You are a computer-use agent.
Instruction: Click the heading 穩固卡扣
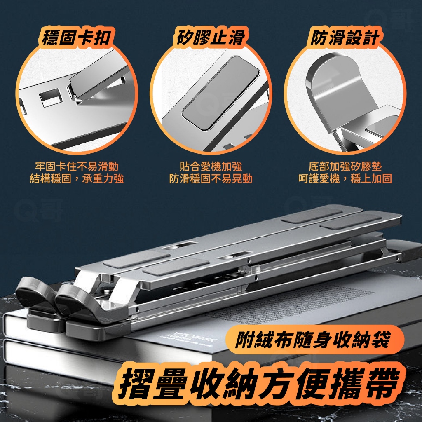[x=76, y=37]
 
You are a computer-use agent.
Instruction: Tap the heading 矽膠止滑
[x=211, y=37]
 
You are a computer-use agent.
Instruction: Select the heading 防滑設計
[x=345, y=37]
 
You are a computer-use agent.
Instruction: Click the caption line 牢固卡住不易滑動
[x=77, y=166]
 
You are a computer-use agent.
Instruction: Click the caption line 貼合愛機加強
[x=211, y=166]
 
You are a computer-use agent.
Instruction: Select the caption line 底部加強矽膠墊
[x=345, y=166]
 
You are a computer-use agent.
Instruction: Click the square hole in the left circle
[x=51, y=97]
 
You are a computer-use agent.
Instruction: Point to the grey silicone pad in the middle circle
[x=221, y=93]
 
